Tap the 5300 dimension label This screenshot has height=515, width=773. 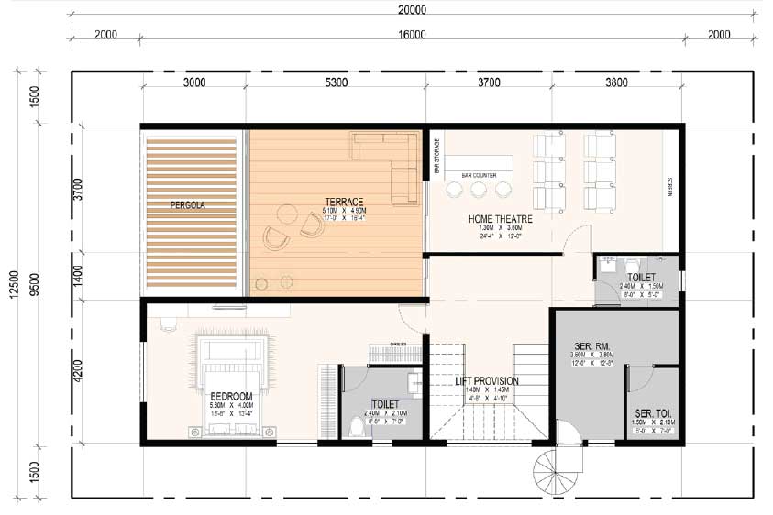[336, 82]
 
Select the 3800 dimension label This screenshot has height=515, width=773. [616, 82]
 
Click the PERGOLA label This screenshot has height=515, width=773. [188, 206]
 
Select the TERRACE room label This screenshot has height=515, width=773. [344, 202]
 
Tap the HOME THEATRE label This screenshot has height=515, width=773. [500, 219]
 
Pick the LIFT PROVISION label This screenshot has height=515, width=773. [488, 381]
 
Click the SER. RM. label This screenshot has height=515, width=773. [593, 346]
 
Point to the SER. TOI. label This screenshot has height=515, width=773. [654, 413]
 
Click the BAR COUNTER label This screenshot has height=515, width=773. [479, 173]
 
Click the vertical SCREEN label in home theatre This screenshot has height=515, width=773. [670, 188]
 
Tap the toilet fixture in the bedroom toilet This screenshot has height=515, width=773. [357, 425]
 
